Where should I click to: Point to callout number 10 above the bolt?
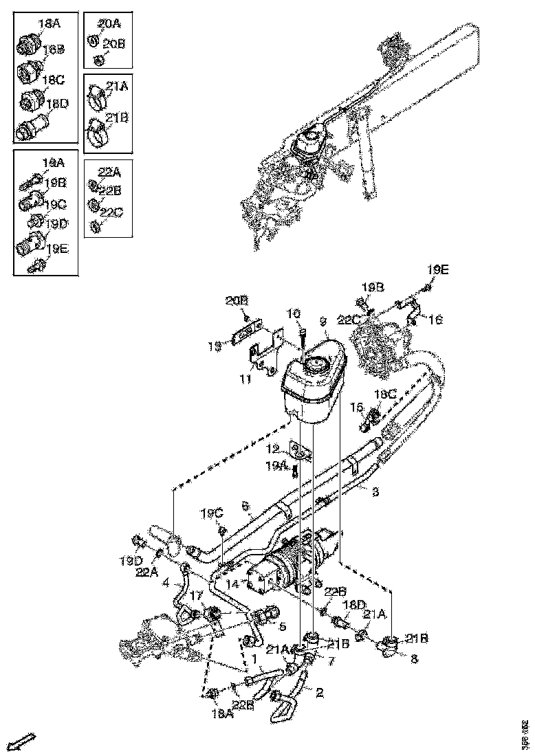294,314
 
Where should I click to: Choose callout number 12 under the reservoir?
273,449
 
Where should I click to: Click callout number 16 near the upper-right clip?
435,320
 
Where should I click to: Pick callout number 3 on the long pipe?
375,492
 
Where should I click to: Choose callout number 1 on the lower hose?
255,658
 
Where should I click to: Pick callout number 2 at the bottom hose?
319,693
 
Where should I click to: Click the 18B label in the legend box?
54,49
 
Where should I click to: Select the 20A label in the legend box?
109,24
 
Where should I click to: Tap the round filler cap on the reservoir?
318,365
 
